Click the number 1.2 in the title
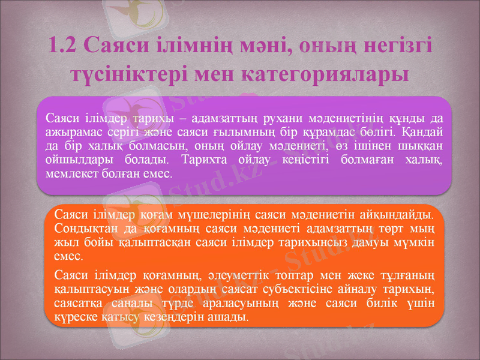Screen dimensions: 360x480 click(63, 46)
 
